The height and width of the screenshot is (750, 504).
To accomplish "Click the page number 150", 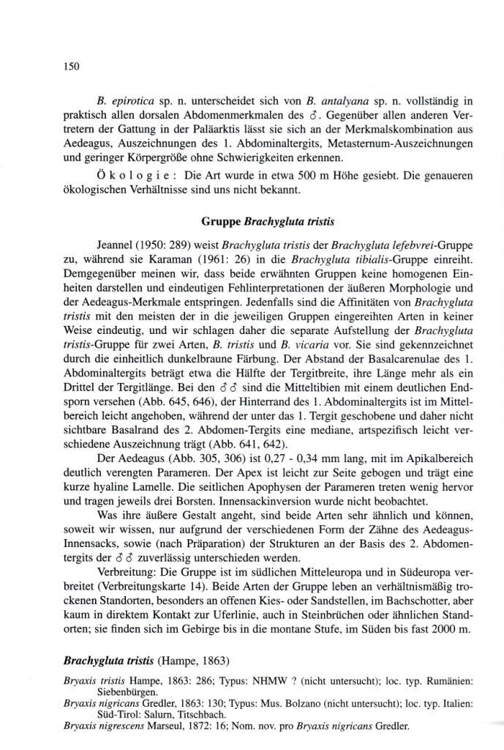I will point(71,67).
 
